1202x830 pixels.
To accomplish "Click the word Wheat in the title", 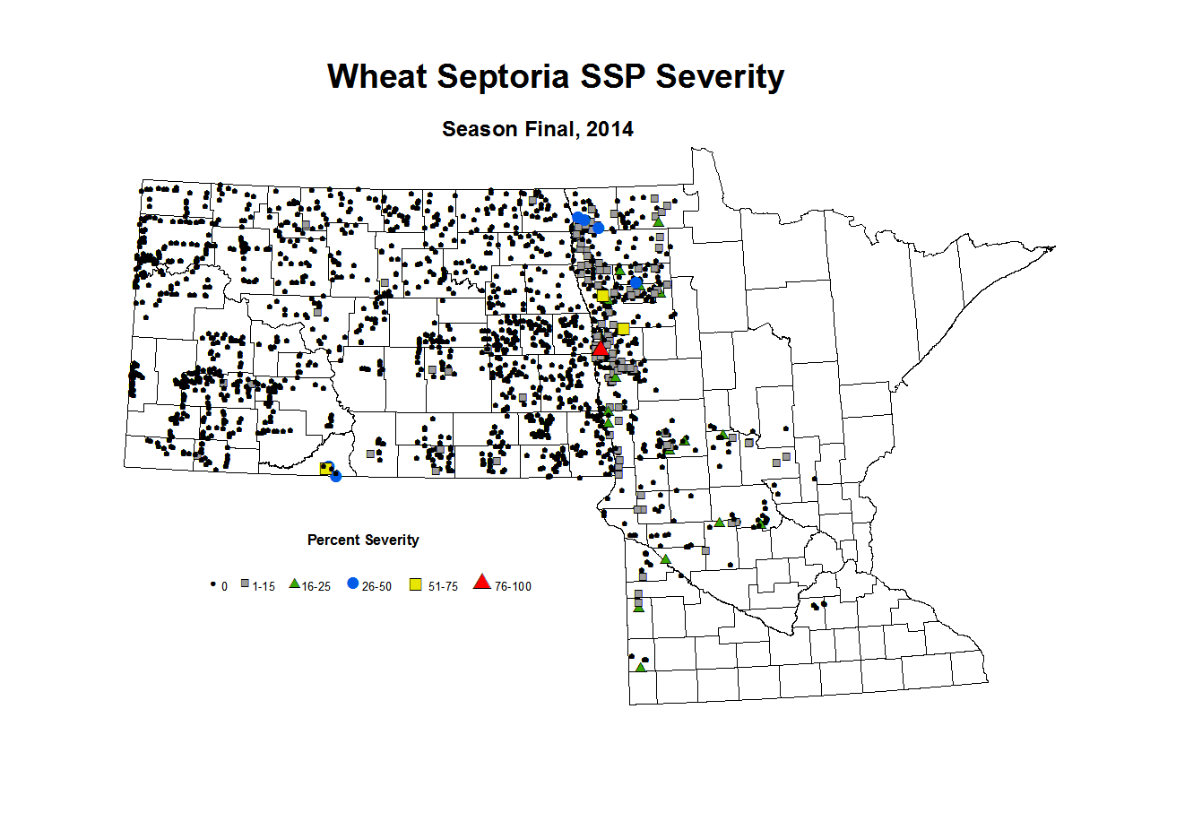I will tap(376, 77).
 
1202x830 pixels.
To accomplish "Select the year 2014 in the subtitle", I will tap(610, 129).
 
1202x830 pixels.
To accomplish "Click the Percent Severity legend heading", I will tap(363, 540).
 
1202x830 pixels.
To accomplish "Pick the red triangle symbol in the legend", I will tap(482, 583).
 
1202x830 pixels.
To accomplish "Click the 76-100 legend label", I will tap(513, 587).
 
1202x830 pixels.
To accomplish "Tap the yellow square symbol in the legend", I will tap(416, 584).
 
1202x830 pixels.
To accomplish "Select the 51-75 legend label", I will tap(443, 587).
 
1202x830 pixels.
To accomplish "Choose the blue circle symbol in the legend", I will tap(353, 584).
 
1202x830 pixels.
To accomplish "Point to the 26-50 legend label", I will tap(376, 587).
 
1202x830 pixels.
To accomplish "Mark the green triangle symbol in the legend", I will tap(294, 584).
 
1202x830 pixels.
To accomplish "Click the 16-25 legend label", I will tap(316, 587).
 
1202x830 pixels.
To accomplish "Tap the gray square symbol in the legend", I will tap(245, 584).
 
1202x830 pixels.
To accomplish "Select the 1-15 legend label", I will tap(264, 587).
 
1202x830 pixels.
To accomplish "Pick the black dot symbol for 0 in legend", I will tap(213, 584).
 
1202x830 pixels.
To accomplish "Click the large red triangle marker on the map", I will tap(601, 348).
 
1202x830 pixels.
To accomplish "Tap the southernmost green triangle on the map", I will tap(640, 667).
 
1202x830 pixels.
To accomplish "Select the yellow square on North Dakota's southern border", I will tap(325, 468).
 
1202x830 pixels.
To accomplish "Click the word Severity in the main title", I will tap(720, 77).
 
